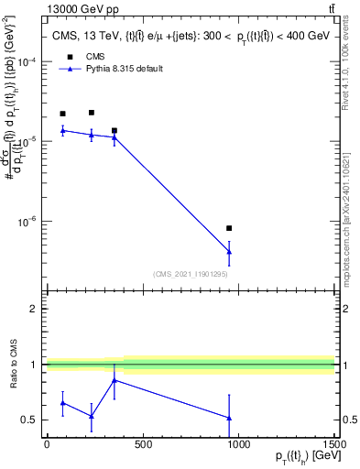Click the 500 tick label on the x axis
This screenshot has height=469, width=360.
click(143, 444)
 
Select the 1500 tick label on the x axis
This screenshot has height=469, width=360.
click(333, 444)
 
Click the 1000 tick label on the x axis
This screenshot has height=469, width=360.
click(238, 444)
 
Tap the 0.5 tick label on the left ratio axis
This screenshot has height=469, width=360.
click(31, 420)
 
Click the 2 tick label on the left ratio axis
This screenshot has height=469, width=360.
click(35, 309)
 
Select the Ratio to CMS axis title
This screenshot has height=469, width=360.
click(13, 365)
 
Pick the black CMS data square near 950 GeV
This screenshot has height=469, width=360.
click(229, 228)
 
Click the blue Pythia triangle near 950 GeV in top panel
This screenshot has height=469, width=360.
click(229, 252)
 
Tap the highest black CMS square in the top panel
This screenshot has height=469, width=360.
click(92, 113)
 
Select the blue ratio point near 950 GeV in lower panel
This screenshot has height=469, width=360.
click(229, 418)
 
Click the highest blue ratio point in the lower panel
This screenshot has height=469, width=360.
click(115, 380)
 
